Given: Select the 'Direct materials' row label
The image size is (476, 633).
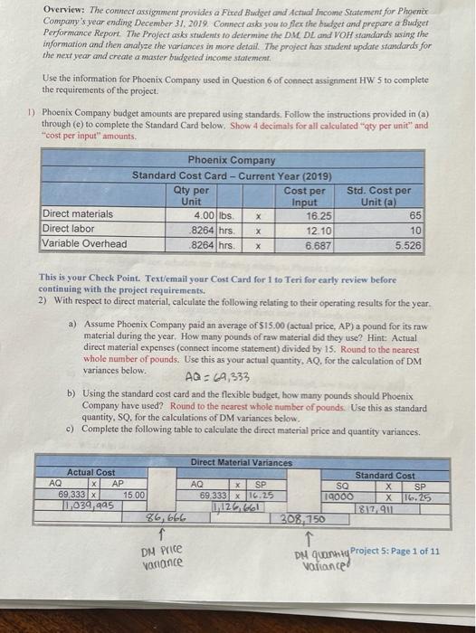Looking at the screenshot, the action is point(79,214).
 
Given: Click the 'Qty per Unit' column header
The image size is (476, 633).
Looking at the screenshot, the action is point(190,195).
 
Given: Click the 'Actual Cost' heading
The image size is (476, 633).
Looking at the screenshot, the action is point(91,472).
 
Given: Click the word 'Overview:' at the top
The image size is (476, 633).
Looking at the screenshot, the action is point(63,10).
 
